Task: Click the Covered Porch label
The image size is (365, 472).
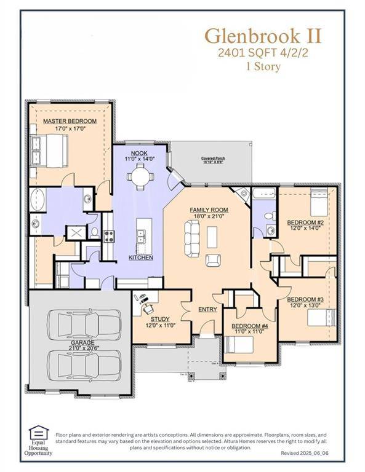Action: click(213, 159)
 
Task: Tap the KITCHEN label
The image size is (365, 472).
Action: click(140, 257)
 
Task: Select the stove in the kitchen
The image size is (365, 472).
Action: click(108, 235)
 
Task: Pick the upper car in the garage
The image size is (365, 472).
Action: click(81, 324)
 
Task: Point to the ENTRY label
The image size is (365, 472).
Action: click(207, 309)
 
